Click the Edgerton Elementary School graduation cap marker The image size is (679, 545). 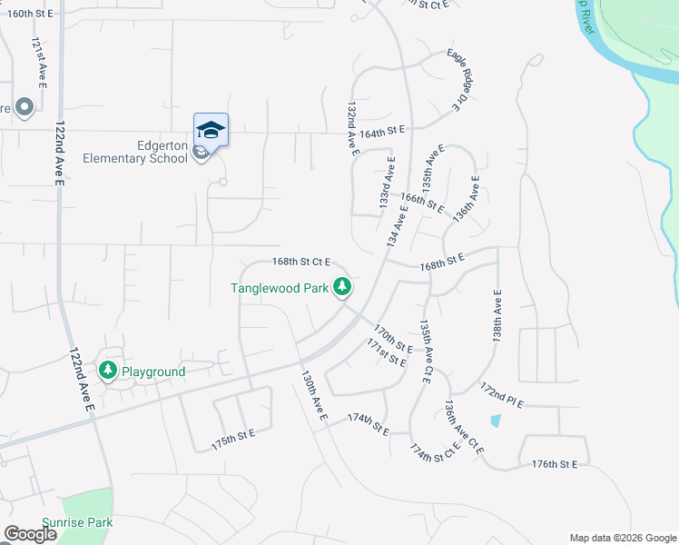(x=211, y=130)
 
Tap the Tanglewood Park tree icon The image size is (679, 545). (x=342, y=288)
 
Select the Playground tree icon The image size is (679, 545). (x=108, y=371)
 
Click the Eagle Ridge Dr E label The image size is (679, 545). (x=467, y=80)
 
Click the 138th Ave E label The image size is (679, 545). (x=497, y=313)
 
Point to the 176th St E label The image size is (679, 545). (x=555, y=464)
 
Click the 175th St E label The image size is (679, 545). (x=233, y=437)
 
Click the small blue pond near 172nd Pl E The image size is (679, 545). (x=495, y=421)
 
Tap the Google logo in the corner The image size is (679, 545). (x=30, y=534)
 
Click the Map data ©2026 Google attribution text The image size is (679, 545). (x=623, y=538)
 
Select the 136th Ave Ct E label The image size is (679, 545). (x=464, y=428)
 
